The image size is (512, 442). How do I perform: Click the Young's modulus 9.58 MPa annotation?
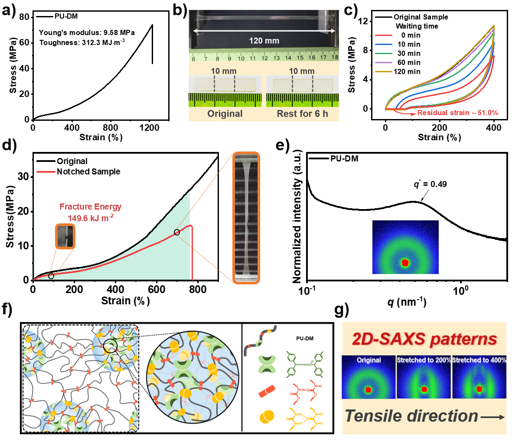click(x=87, y=32)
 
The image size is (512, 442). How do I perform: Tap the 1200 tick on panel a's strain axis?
click(x=149, y=128)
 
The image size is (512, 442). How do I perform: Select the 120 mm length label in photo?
click(x=264, y=41)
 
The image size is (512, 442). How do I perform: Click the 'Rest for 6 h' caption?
click(x=302, y=114)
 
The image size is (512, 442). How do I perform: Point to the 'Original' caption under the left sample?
click(x=225, y=114)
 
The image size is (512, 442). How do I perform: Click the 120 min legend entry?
click(x=407, y=71)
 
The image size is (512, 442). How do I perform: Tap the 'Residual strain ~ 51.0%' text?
click(x=457, y=113)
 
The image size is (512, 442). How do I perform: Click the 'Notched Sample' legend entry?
click(x=88, y=171)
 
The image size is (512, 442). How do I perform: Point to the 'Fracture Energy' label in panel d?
click(x=90, y=207)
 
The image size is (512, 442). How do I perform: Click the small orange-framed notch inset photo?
click(x=65, y=236)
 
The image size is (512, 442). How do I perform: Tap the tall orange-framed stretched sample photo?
click(x=246, y=218)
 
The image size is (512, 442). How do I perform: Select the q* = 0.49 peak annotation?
click(x=430, y=184)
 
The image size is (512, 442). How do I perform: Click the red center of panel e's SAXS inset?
click(x=405, y=262)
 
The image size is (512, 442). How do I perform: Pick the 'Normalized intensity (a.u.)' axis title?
click(x=297, y=216)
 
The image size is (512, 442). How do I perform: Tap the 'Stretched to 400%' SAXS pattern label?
click(x=479, y=360)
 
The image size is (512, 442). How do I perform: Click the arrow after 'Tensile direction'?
click(x=493, y=417)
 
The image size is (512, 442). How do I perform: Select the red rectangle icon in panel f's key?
click(x=267, y=393)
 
